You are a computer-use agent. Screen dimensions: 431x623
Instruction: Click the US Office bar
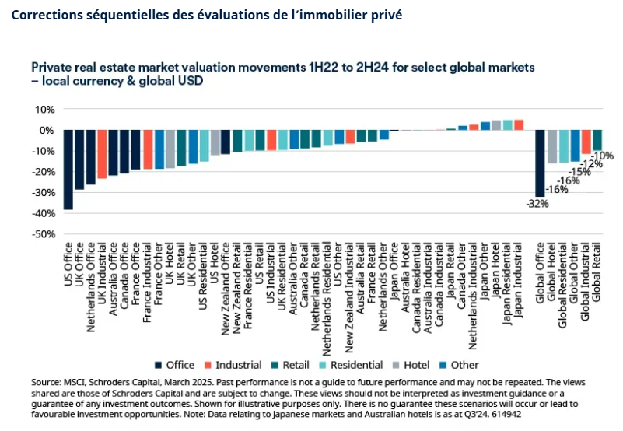pos(68,170)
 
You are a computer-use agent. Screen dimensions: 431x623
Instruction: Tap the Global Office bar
pos(540,163)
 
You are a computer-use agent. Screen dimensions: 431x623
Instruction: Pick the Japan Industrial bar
pos(520,124)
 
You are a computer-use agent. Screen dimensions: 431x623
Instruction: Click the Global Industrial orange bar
pos(586,142)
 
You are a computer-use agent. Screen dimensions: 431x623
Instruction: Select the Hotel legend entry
pos(412,364)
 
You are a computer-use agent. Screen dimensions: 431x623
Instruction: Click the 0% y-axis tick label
pos(45,130)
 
